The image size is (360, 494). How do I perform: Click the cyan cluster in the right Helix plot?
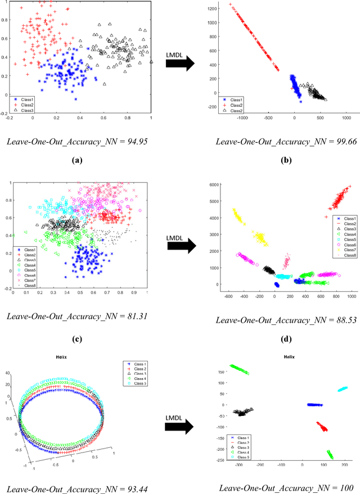(x=342, y=389)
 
